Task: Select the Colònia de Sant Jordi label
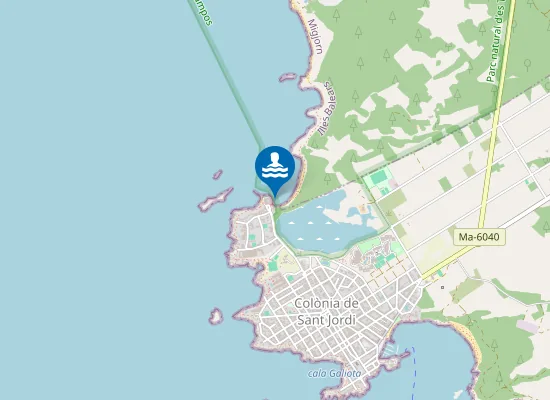click(327, 311)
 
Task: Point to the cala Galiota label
click(334, 373)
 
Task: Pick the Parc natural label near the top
click(496, 45)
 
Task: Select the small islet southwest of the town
click(215, 317)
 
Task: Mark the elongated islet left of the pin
click(214, 198)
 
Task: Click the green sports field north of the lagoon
click(378, 181)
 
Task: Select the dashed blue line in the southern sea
click(412, 375)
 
